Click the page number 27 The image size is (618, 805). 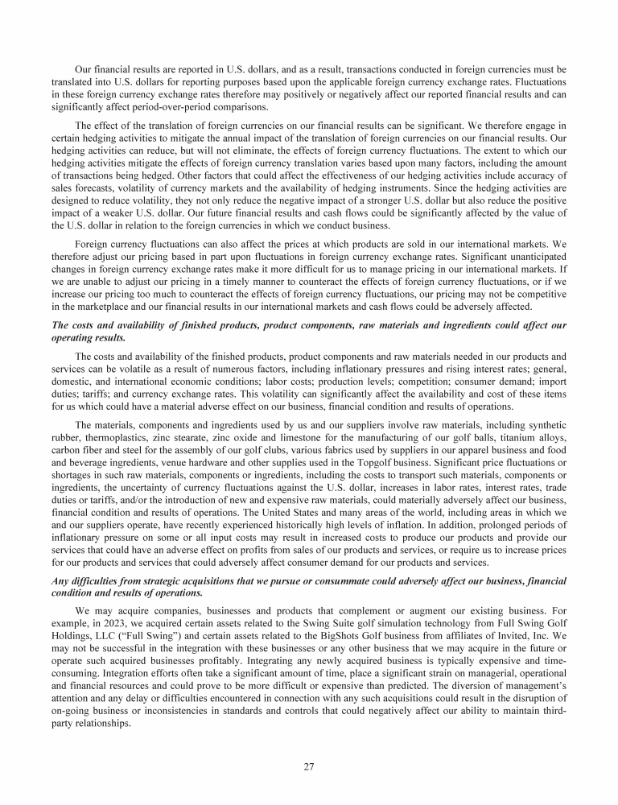click(x=308, y=766)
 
